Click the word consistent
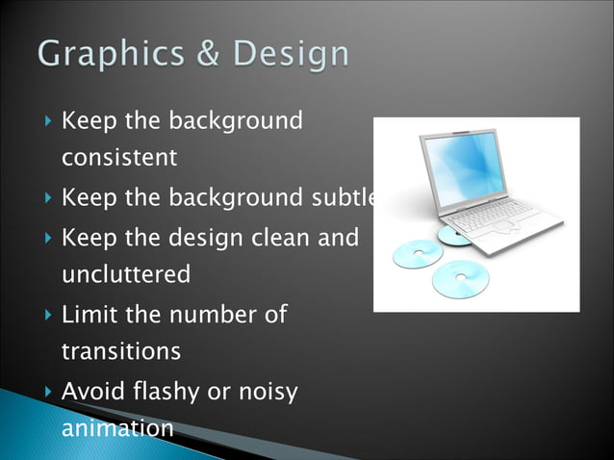coord(119,158)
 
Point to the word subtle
coord(343,198)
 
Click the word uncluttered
coord(126,275)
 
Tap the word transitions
coord(120,352)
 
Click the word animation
coord(117,428)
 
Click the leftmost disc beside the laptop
coord(418,254)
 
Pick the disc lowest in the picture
coord(460,279)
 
